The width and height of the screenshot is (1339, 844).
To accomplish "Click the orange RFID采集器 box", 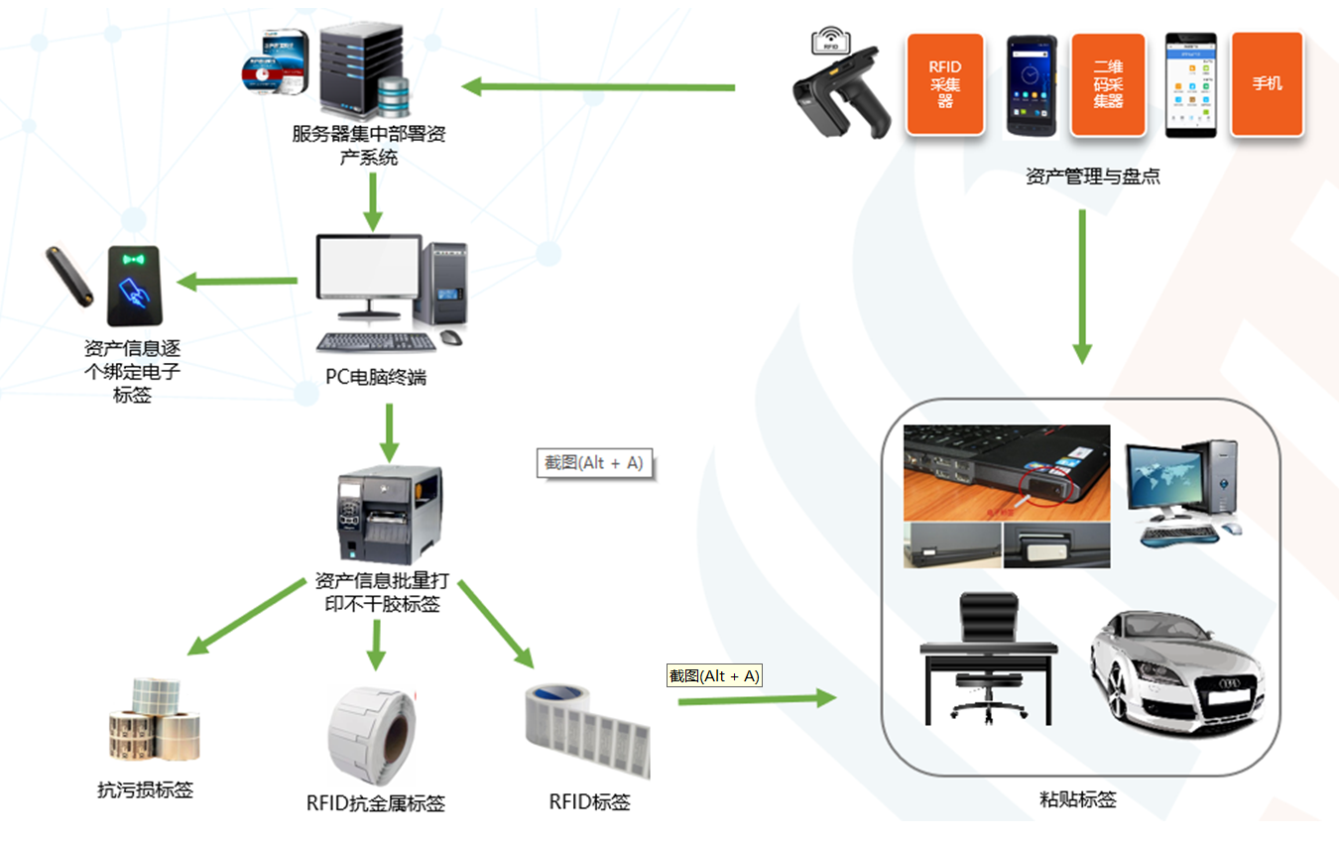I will pyautogui.click(x=944, y=84).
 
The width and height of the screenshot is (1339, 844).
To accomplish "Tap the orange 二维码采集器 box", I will pyautogui.click(x=1107, y=84).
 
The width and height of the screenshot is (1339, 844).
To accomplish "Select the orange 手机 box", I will pyautogui.click(x=1267, y=84).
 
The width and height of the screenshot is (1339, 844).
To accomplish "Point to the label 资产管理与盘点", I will pyautogui.click(x=1092, y=178).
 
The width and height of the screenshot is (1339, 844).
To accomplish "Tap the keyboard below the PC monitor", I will pyautogui.click(x=376, y=342).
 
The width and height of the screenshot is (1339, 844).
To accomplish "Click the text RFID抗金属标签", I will pyautogui.click(x=375, y=803).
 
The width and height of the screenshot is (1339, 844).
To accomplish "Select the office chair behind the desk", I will pyautogui.click(x=986, y=655).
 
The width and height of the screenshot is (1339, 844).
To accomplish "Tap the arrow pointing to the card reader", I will pyautogui.click(x=239, y=282).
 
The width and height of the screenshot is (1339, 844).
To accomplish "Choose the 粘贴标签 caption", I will pyautogui.click(x=1077, y=799).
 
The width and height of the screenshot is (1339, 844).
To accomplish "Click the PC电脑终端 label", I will pyautogui.click(x=376, y=378).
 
